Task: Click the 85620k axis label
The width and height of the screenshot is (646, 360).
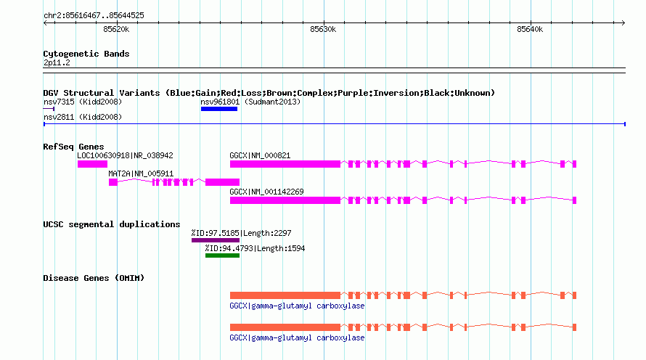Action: tap(116, 29)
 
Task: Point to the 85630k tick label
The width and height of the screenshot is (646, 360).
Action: tap(323, 29)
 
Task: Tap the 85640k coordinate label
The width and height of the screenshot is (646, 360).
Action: tap(530, 29)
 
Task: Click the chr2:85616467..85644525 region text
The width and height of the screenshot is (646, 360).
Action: tap(94, 16)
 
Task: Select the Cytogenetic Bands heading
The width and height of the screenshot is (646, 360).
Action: tap(86, 54)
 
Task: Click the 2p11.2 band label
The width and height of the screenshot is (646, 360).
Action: tap(57, 62)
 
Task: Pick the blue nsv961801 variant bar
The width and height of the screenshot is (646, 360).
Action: tap(219, 109)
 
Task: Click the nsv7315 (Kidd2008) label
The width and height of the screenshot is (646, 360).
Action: tap(83, 102)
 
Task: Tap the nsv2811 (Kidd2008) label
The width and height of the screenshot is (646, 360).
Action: tap(83, 117)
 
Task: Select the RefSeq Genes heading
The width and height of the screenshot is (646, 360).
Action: tap(73, 147)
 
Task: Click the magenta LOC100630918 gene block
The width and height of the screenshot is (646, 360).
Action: tap(92, 164)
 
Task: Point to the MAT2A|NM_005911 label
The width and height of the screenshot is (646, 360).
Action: tap(141, 173)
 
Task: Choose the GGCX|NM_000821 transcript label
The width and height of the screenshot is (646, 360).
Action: tap(260, 155)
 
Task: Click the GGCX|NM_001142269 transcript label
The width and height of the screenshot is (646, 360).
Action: tap(266, 192)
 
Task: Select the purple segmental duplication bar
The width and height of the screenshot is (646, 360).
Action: tap(216, 240)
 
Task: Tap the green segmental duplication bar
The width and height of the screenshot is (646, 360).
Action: tap(223, 255)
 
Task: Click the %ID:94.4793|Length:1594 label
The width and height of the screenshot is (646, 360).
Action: tap(255, 248)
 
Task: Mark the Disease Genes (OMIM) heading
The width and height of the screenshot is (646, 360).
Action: tap(94, 278)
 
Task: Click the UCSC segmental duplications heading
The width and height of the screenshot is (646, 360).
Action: tap(112, 224)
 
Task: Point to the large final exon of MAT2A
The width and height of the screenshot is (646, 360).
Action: tap(223, 182)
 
